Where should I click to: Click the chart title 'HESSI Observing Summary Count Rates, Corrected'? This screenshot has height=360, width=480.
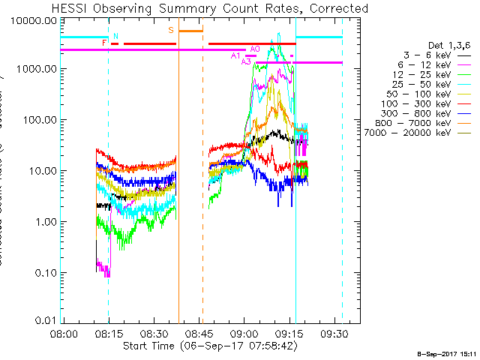point(209,8)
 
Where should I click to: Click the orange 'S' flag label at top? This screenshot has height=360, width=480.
point(171,30)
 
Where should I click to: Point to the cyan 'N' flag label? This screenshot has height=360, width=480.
point(116,35)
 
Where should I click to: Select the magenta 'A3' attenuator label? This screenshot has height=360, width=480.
point(246,61)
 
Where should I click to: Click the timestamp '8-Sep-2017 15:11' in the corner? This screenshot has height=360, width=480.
point(447,352)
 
